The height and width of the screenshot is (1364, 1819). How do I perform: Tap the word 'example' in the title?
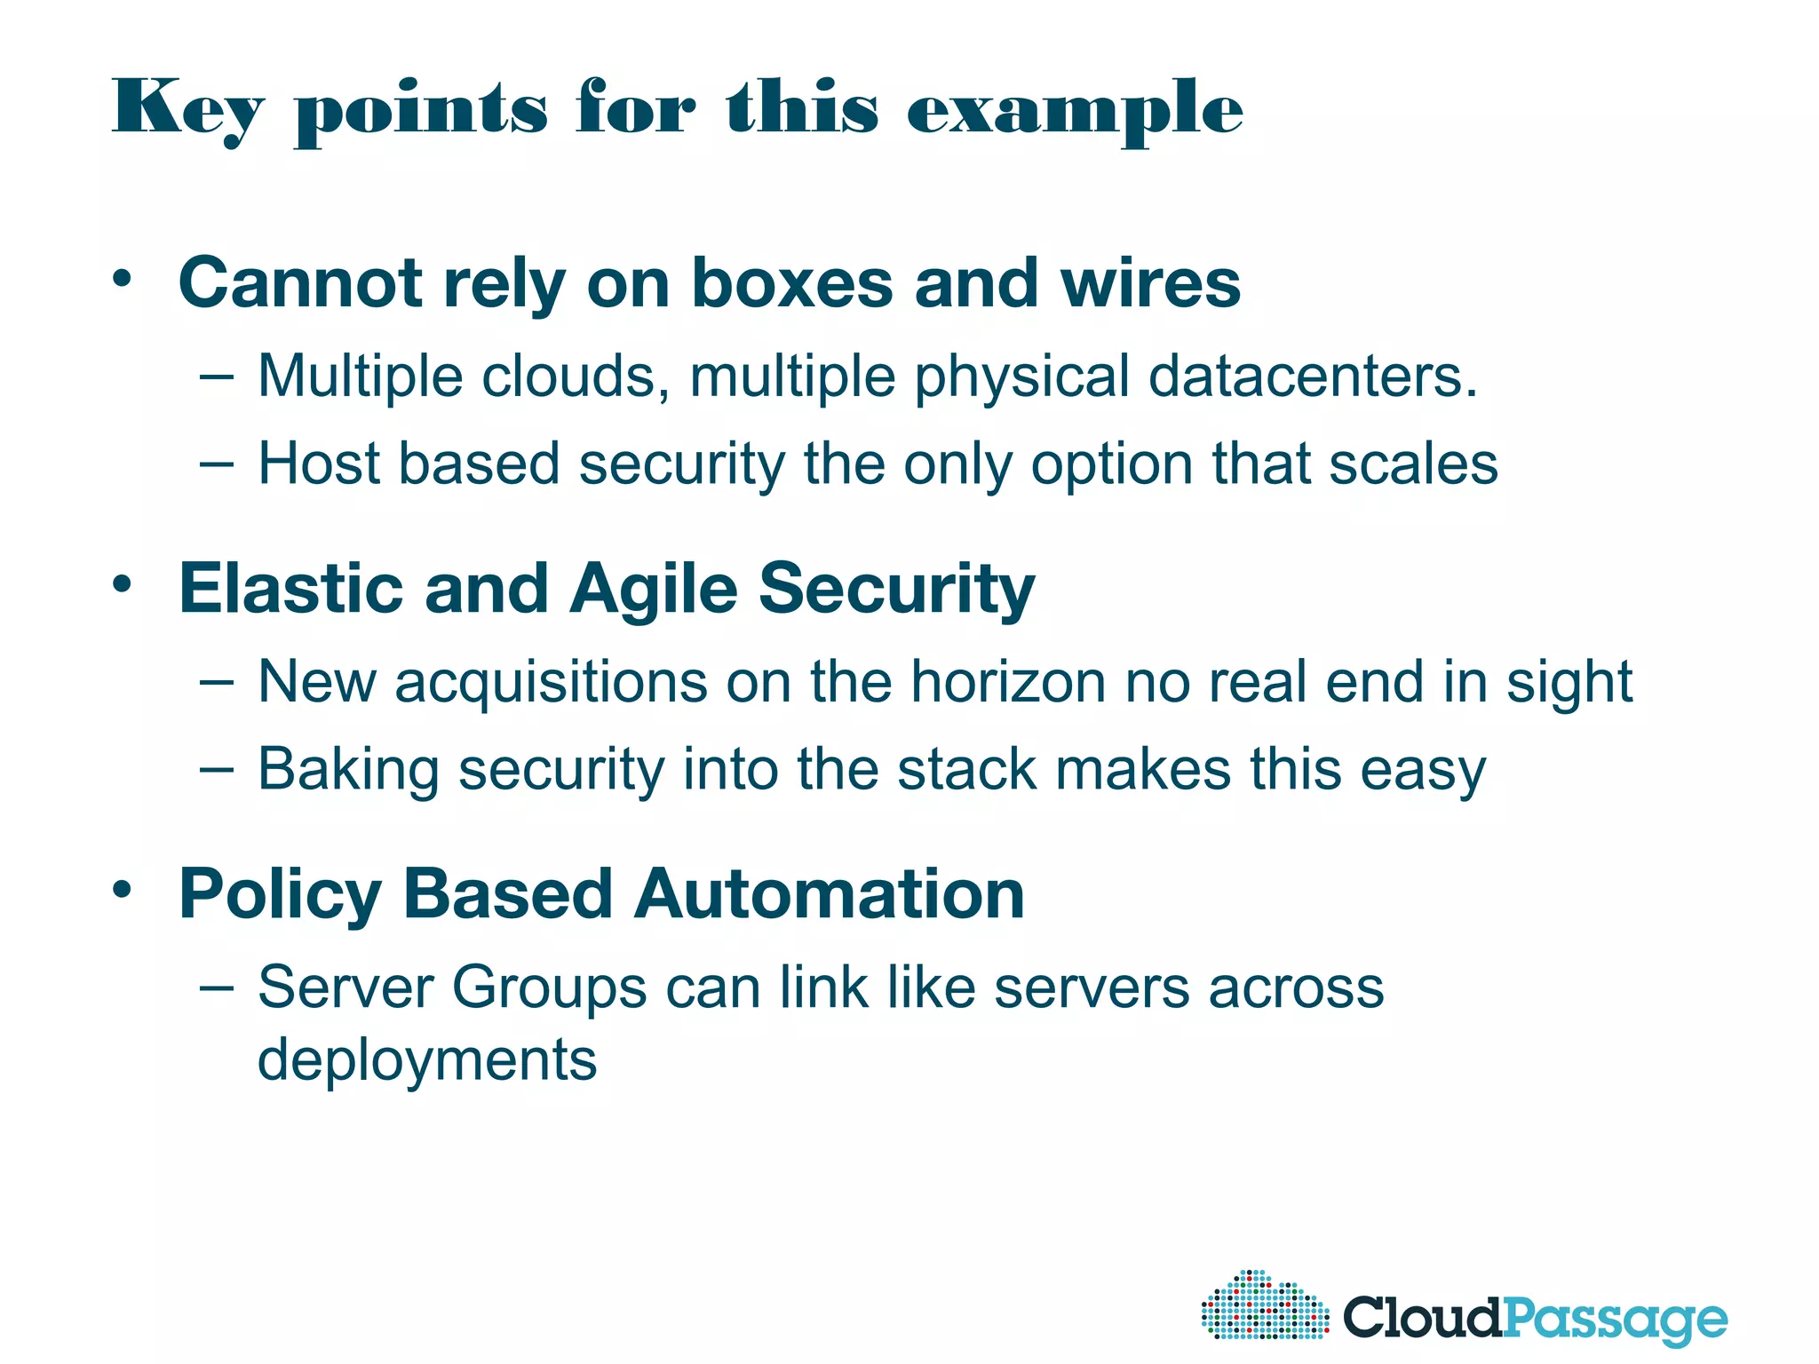click(1075, 110)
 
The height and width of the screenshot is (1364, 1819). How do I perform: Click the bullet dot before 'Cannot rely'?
click(123, 278)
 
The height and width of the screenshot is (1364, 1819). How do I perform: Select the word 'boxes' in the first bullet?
click(792, 283)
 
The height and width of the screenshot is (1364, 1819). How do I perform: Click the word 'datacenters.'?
click(1313, 376)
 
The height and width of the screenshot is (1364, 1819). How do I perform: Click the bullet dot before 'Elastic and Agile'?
click(123, 583)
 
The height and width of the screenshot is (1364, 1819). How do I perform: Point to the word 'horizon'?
click(1008, 682)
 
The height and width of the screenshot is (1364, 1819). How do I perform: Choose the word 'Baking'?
click(348, 769)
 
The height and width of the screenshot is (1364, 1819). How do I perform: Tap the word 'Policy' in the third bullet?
click(280, 893)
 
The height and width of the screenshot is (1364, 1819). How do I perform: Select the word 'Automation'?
click(830, 893)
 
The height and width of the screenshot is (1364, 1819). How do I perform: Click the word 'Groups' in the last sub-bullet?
click(549, 987)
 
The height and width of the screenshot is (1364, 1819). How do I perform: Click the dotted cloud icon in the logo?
click(1265, 1305)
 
